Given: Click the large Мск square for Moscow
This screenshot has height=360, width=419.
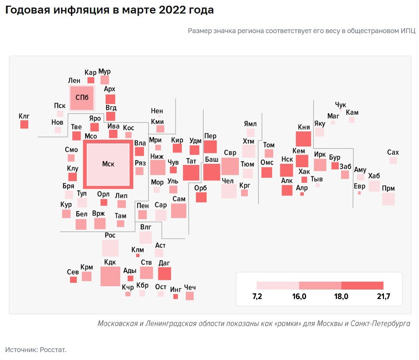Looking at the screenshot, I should [108, 164].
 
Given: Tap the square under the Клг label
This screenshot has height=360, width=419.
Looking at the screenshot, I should [24, 124].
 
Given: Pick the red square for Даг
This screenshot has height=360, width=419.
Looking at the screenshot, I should [164, 273].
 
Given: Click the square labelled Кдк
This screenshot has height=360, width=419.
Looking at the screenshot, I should [110, 276].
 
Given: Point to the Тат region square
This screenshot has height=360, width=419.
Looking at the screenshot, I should [191, 173].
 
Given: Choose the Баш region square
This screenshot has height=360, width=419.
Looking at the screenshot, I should [211, 172].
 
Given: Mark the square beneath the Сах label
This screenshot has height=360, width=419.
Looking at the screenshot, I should [393, 160].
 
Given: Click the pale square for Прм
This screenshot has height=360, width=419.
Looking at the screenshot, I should [388, 199].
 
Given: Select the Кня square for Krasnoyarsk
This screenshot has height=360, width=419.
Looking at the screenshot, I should [303, 139].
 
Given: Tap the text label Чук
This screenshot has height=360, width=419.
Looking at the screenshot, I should [340, 105].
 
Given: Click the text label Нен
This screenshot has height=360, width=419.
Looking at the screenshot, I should [157, 111].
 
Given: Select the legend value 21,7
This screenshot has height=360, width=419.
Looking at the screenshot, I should [383, 296].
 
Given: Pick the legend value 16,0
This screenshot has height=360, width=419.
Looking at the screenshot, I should [299, 296].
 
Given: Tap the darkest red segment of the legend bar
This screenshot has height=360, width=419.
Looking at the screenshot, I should [362, 285].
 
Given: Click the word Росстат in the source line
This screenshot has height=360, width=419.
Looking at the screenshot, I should [53, 350].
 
